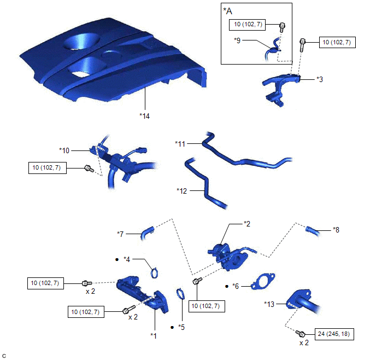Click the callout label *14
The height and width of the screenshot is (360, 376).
[x=144, y=115]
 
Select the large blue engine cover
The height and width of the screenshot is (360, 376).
[x=109, y=60]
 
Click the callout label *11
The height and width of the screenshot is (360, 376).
[x=181, y=143]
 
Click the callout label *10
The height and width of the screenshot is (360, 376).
[x=65, y=149]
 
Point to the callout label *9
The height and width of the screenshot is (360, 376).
[x=237, y=40]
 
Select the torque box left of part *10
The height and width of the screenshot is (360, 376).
[x=47, y=168]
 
